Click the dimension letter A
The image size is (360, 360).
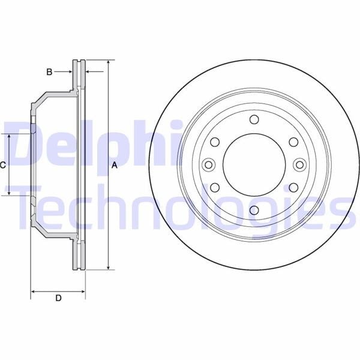pyautogui.click(x=115, y=165)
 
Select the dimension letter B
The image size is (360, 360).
pyautogui.click(x=49, y=72)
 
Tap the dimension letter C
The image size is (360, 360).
pyautogui.click(x=3, y=165)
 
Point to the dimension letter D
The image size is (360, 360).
pyautogui.click(x=59, y=298)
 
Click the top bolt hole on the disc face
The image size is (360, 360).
pyautogui.click(x=254, y=119)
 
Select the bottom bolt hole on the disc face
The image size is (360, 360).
pyautogui.click(x=254, y=210)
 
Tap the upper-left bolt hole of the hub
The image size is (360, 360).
pyautogui.click(x=215, y=142)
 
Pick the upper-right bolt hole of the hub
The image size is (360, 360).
pyautogui.click(x=293, y=142)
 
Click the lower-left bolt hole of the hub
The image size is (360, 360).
pyautogui.click(x=215, y=188)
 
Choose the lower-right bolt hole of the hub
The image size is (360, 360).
pyautogui.click(x=293, y=188)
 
